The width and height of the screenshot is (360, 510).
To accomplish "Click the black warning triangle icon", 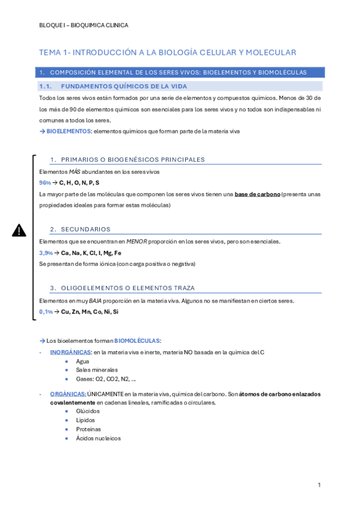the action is [19, 230].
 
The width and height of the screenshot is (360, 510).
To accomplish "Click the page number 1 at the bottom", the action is [320, 485].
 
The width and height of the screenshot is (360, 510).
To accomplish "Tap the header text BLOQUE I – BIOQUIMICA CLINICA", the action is [83, 25].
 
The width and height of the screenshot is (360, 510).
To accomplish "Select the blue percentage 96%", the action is [45, 182].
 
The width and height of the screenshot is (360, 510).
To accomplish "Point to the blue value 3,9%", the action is [46, 253].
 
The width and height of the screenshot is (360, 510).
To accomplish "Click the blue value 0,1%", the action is [46, 312].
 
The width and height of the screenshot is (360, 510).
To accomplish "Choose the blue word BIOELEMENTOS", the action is [69, 131].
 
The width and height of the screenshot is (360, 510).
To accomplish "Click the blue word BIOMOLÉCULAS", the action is [138, 340].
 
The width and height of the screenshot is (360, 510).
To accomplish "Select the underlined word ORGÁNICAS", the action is [68, 394].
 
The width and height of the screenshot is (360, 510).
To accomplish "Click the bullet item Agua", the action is [83, 361].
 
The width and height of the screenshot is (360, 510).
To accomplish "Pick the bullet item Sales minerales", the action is [97, 370].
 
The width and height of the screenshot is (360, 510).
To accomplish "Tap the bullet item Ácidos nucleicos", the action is [99, 438].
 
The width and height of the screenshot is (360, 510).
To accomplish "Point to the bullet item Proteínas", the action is [89, 429].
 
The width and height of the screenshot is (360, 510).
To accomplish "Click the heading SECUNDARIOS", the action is [86, 229].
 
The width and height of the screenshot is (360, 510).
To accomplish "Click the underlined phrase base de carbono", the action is [257, 194].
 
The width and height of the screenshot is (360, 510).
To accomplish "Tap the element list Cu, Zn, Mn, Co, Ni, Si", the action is [90, 312].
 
